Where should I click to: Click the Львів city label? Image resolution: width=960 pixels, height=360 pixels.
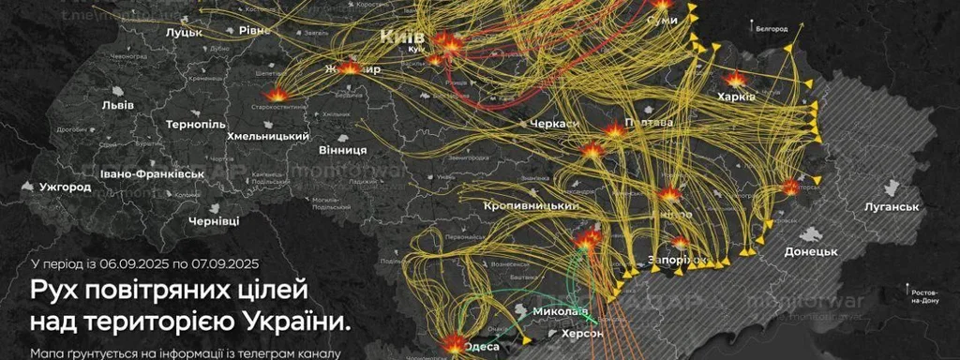point(118,104)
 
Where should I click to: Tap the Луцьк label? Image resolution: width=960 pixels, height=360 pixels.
point(184,31)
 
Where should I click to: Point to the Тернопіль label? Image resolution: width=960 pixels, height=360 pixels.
point(196,124)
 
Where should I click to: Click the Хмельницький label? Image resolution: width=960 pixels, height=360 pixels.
point(268,137)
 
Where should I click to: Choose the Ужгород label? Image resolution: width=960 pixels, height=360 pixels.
point(66,187)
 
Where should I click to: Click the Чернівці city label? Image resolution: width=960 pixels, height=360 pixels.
point(214,220)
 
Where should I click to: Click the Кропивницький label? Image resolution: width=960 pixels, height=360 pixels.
point(530,205)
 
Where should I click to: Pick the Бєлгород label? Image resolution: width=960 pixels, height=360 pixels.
point(772,29)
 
